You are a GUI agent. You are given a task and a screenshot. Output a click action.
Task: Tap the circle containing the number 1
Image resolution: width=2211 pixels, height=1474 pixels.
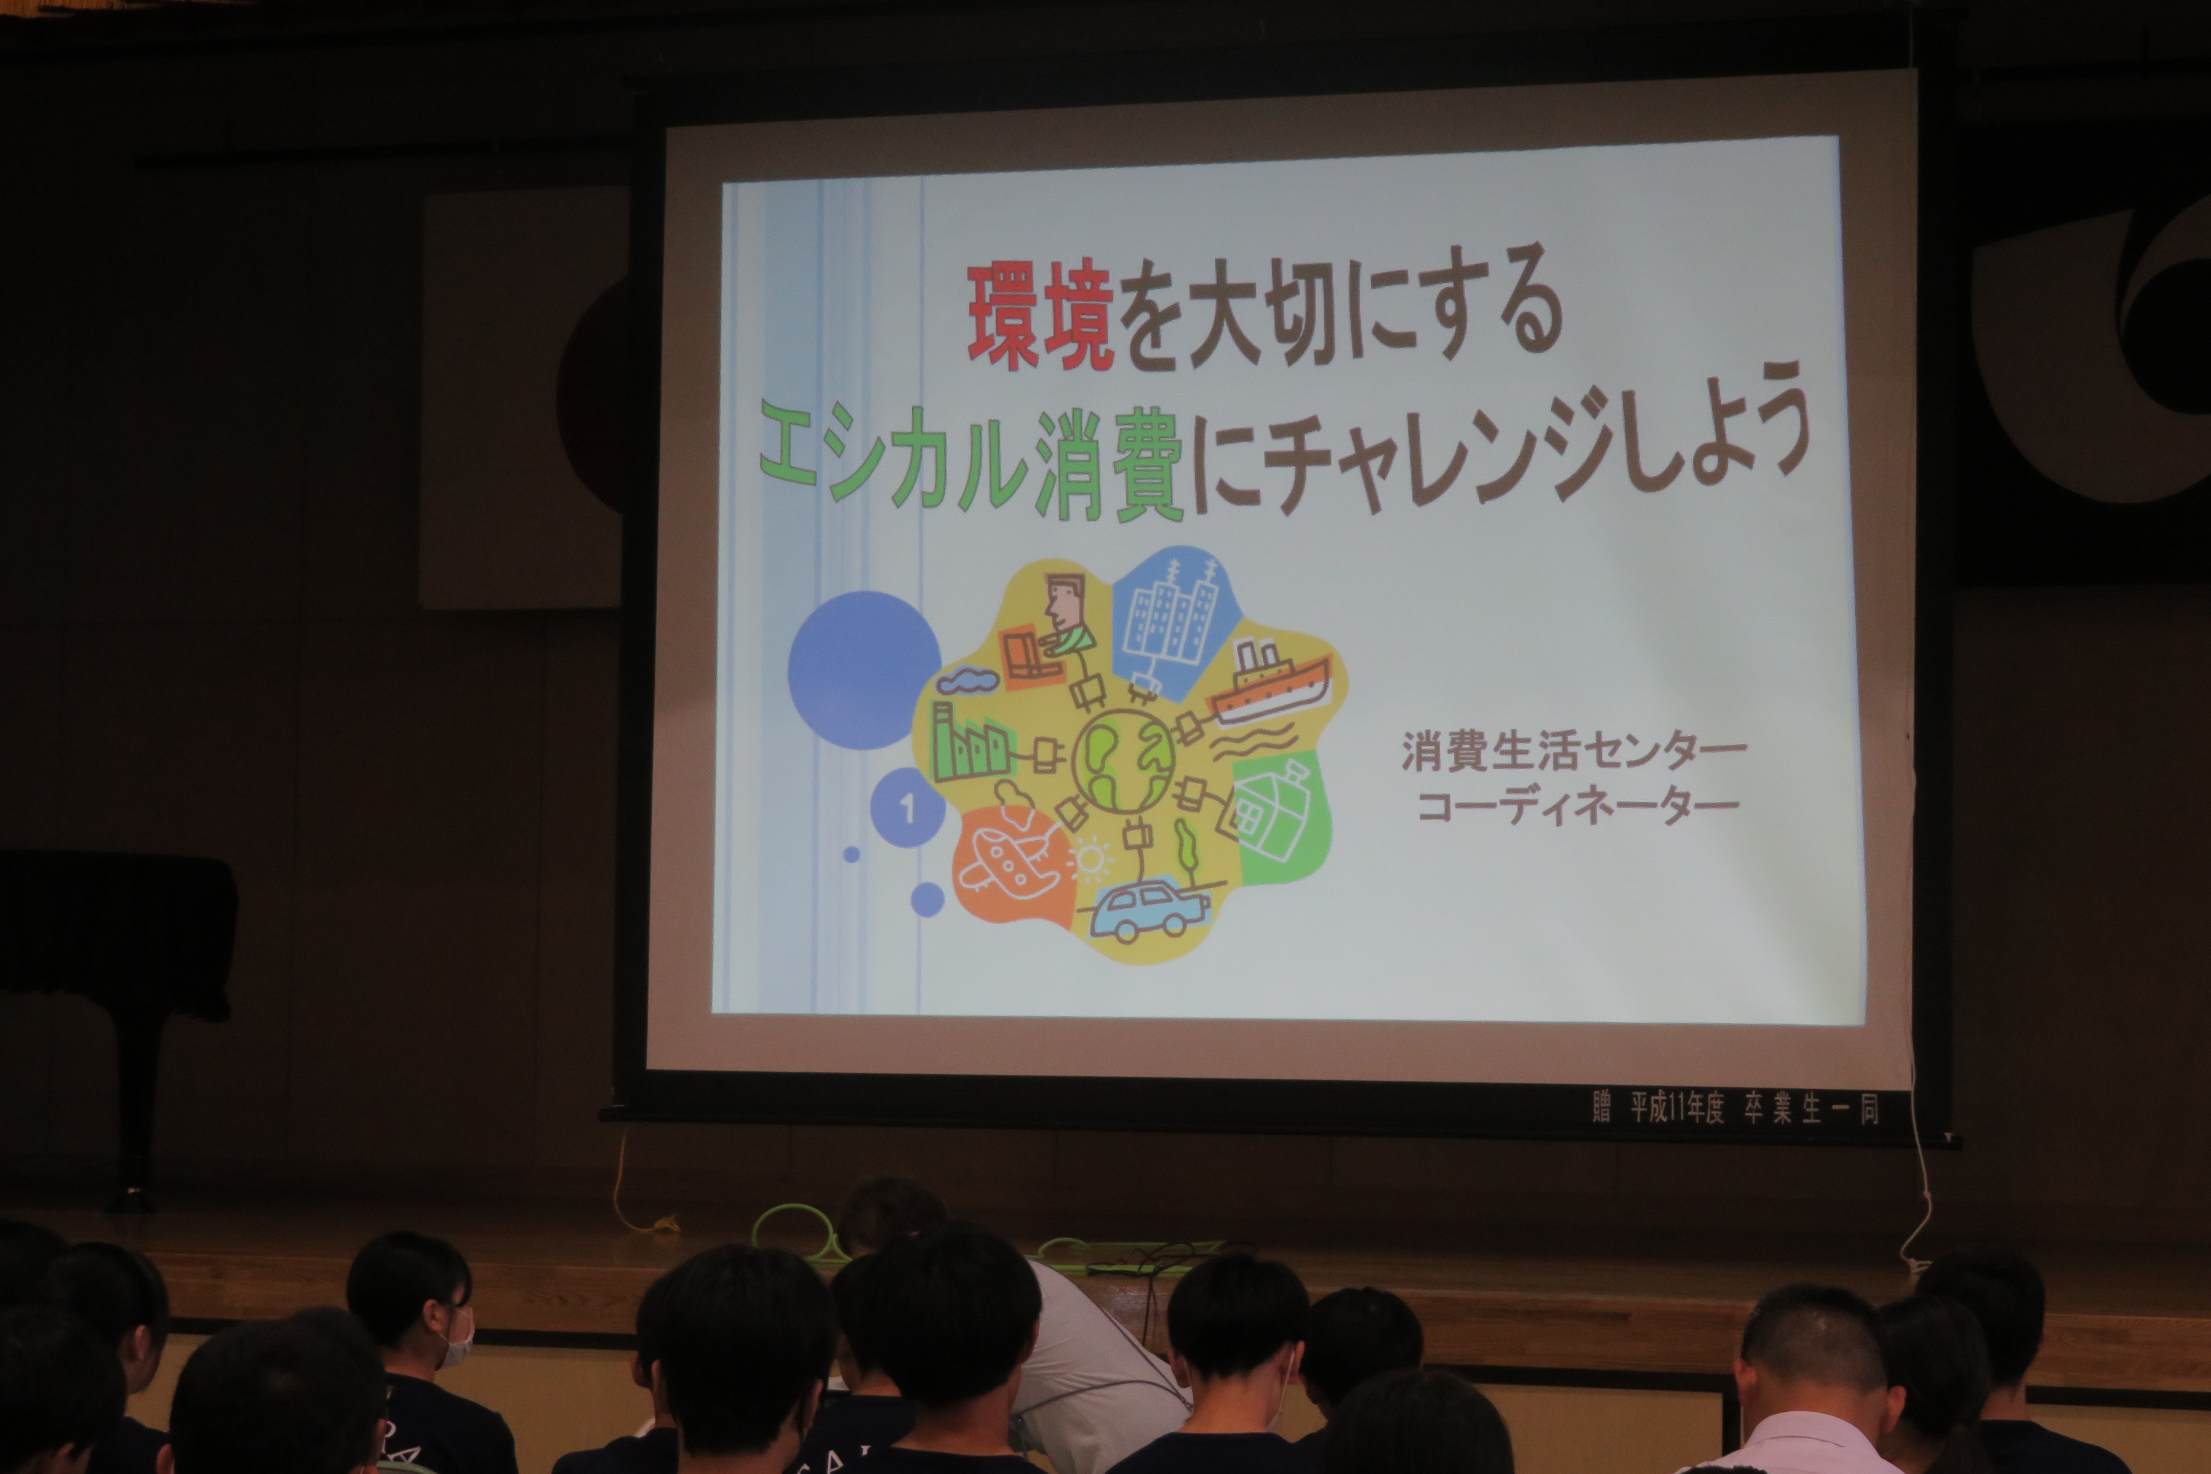pos(907,807)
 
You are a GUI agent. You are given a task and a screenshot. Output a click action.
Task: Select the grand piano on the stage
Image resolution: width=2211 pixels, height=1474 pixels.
pos(118,978)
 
